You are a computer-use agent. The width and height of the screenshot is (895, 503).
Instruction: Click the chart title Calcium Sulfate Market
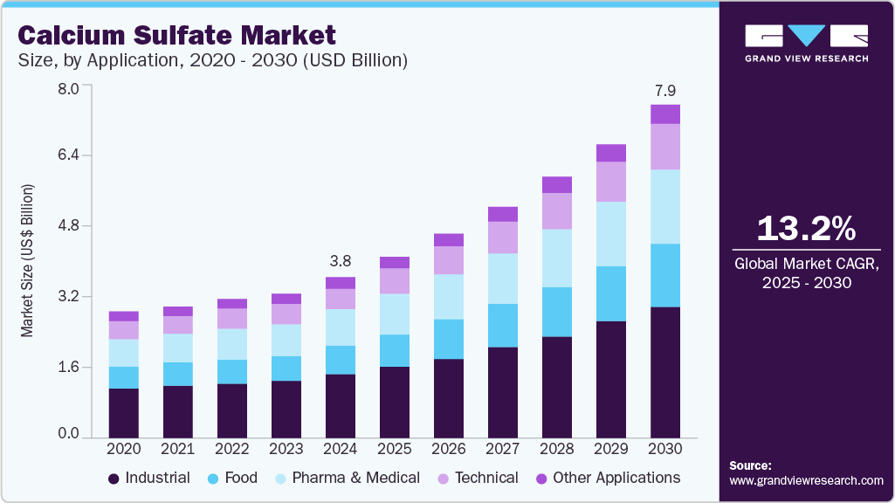pos(176,36)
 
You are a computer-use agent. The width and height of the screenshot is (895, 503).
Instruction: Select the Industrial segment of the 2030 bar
pos(665,371)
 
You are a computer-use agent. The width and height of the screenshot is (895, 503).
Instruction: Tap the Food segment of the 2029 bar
pos(611,293)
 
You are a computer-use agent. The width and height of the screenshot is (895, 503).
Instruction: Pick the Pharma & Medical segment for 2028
pos(557,258)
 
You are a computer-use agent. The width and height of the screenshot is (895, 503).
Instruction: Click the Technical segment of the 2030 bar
pos(665,146)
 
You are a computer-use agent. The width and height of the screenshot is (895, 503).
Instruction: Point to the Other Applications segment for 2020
pos(124,316)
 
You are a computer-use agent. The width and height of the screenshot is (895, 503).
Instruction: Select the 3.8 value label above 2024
pos(341,260)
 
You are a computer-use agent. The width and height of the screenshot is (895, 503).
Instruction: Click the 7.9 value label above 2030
pos(665,90)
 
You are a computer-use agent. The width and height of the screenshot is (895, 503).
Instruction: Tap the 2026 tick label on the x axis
pos(449,448)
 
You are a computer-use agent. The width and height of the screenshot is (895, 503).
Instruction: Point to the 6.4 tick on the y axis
pos(68,155)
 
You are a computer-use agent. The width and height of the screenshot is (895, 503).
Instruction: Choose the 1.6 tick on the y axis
pos(68,367)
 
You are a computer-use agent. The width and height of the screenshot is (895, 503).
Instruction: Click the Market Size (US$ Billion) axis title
pos(28,261)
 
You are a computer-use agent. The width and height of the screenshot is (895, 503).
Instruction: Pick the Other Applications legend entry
pos(608,479)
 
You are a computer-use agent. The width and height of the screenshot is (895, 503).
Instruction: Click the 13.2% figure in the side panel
pos(806,229)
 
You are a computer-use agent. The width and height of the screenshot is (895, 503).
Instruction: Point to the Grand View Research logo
pos(806,42)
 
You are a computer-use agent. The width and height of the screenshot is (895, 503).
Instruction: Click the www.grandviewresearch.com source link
pos(806,480)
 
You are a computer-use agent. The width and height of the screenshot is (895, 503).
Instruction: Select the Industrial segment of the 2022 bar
pos(232,410)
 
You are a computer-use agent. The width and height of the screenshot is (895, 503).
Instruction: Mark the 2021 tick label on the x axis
pos(178,448)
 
